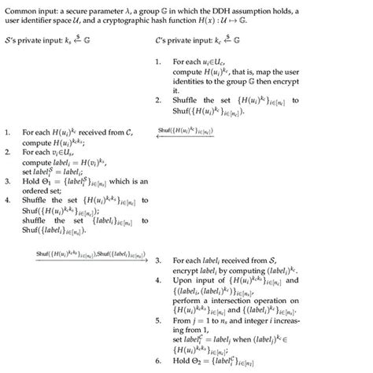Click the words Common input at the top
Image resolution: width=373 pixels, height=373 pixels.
tap(28, 7)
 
